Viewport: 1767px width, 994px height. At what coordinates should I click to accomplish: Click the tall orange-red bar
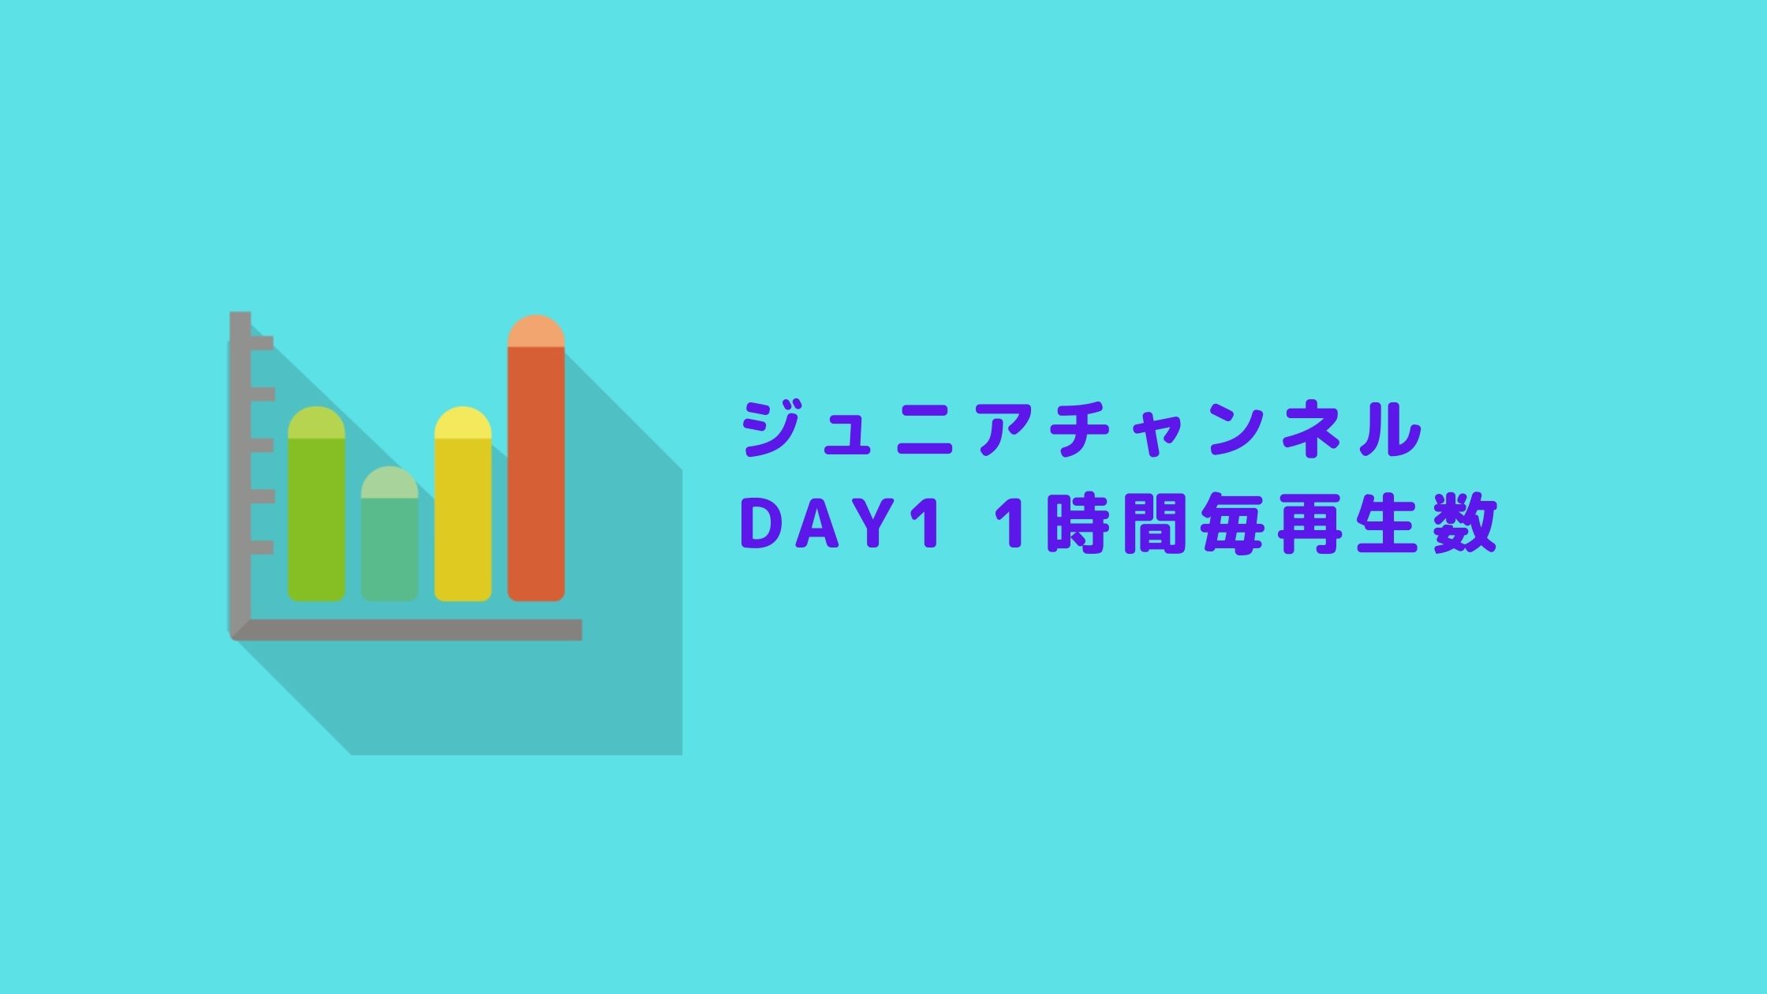(x=536, y=458)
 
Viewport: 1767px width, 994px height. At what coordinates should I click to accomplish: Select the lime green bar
(x=316, y=504)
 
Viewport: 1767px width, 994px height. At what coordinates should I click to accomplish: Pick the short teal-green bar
(x=390, y=534)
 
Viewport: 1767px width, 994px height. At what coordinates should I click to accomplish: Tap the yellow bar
(x=463, y=504)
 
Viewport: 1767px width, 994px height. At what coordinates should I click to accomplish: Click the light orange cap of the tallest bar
(x=536, y=331)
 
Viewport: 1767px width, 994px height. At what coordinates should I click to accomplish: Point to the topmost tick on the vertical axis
(x=262, y=343)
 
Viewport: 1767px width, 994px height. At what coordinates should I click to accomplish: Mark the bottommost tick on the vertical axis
(x=262, y=547)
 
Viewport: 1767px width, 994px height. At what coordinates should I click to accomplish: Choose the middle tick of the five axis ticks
(x=262, y=445)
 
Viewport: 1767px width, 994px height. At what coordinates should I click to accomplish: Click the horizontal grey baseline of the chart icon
(x=406, y=630)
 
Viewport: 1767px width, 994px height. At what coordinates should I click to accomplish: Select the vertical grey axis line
(x=240, y=473)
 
